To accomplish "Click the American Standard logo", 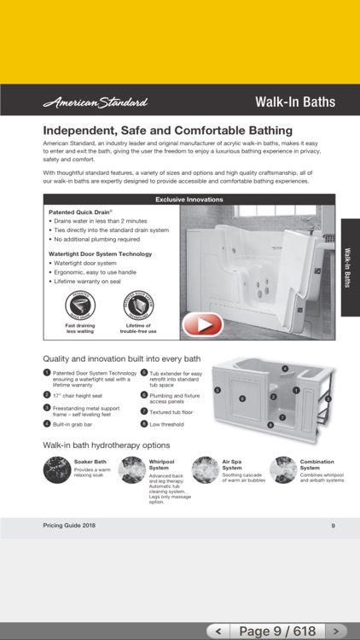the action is point(95,102).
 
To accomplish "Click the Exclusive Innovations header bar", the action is point(189,200).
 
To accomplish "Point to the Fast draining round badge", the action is point(79,305).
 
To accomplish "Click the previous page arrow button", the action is point(219,631).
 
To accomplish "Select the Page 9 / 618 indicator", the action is point(278,631).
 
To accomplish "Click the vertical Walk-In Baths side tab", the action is point(350,267).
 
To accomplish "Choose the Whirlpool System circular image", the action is point(132,470).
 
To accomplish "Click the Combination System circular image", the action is point(282,470).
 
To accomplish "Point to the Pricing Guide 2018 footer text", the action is point(69,526).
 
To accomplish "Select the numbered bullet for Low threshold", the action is point(144,424).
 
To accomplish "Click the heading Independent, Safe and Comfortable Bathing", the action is point(168,131).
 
